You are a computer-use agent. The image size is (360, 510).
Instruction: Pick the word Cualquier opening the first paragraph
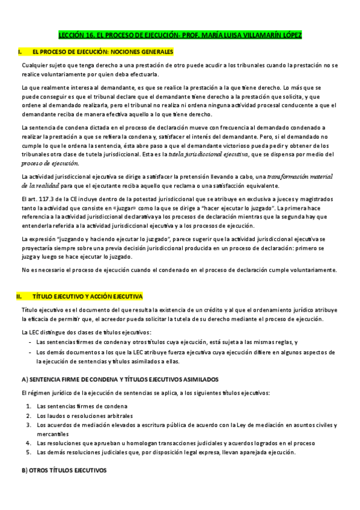coord(34,64)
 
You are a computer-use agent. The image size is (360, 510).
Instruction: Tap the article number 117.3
coord(47,197)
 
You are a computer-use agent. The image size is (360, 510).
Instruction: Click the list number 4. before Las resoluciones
coord(29,443)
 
